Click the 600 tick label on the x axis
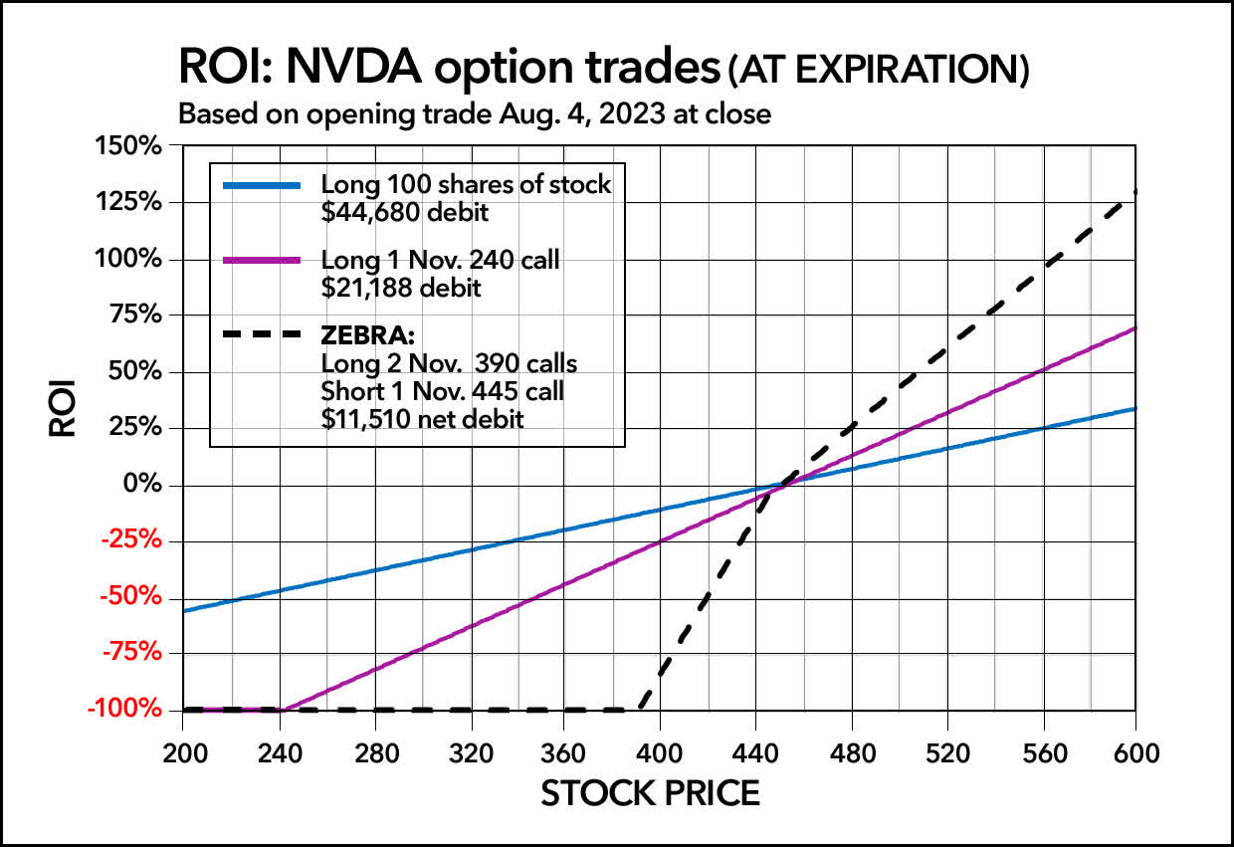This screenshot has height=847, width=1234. tap(1134, 753)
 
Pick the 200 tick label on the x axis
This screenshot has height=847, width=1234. tap(183, 753)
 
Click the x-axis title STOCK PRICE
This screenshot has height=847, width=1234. tap(650, 793)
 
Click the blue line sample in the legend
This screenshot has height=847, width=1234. tap(262, 186)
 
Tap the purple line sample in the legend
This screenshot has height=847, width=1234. tap(262, 261)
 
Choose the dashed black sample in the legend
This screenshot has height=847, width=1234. tap(262, 335)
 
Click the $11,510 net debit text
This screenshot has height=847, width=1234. tap(422, 419)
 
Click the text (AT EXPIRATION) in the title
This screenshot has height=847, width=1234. tap(876, 72)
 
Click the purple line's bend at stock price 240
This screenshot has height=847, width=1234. tap(281, 709)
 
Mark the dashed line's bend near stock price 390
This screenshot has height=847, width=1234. tap(637, 708)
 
